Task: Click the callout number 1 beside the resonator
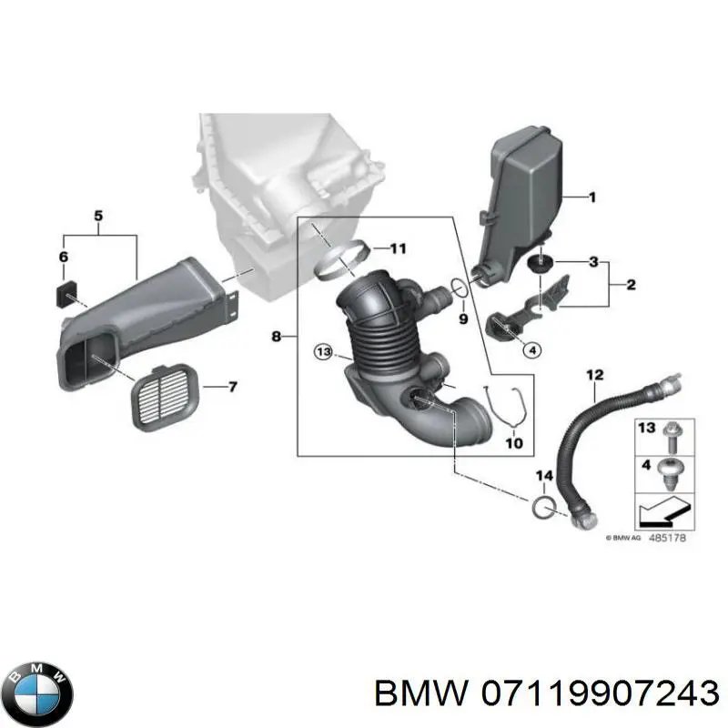591,197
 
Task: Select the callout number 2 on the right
630,287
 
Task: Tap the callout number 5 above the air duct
98,216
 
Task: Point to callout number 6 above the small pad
63,258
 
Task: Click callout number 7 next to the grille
232,388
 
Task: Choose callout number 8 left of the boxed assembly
277,338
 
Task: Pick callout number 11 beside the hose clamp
399,248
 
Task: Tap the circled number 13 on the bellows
320,352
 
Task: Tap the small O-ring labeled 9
460,288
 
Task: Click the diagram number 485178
671,539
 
